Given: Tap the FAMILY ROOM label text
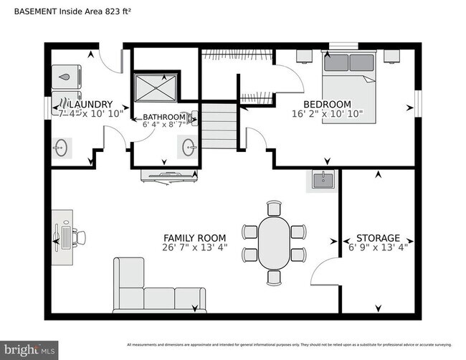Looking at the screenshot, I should tap(194, 238).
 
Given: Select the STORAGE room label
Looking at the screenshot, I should tap(379, 238).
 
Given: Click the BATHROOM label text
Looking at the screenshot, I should tap(164, 117).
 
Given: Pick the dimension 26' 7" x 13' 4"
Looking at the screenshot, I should tap(194, 248).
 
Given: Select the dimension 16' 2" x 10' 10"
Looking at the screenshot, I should tap(327, 114).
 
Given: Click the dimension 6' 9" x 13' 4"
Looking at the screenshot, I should tap(379, 248).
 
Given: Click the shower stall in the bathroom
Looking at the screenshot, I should tap(155, 87).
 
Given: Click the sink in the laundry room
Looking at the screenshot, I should tap(62, 148).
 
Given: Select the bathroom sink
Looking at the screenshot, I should tap(189, 148).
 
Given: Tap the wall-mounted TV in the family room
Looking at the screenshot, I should tap(168, 175).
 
